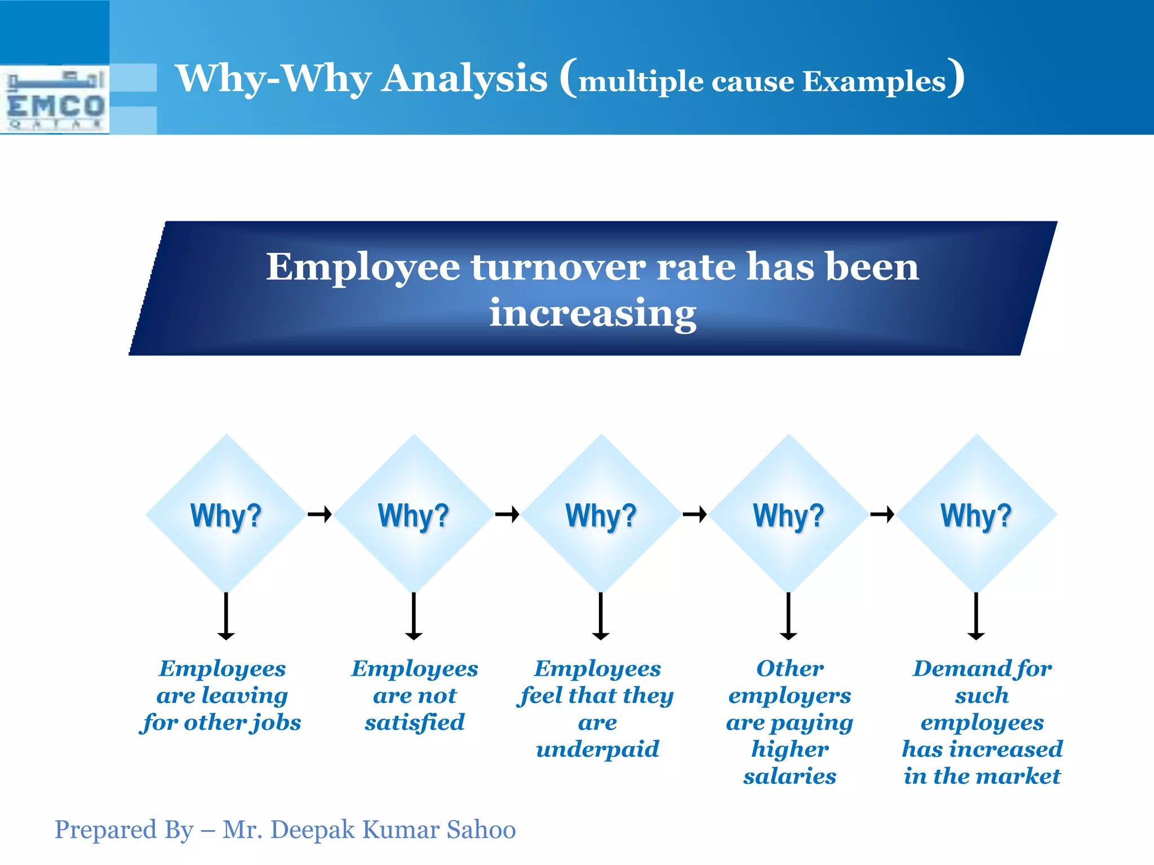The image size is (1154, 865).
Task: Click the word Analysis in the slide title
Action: click(x=464, y=78)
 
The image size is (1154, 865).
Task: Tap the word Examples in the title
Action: click(x=874, y=82)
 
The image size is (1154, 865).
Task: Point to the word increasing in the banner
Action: click(x=592, y=313)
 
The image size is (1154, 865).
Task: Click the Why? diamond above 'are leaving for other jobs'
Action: click(x=226, y=514)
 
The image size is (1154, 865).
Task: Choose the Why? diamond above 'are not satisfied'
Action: click(x=414, y=514)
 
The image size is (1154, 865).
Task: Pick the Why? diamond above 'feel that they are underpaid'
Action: click(x=601, y=514)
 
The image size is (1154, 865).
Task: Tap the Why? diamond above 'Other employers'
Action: click(x=789, y=514)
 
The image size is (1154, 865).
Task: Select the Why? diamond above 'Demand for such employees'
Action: click(x=977, y=514)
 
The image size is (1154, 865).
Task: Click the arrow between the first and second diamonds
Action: click(x=320, y=514)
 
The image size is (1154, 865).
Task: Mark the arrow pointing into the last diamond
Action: click(x=882, y=514)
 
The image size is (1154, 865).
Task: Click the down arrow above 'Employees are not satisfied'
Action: click(x=414, y=616)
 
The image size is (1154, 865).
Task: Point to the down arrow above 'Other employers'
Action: click(x=788, y=616)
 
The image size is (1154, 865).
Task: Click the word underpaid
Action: click(x=597, y=750)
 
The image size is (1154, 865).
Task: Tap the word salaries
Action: click(x=789, y=777)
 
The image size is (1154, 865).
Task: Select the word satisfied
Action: click(x=415, y=723)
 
